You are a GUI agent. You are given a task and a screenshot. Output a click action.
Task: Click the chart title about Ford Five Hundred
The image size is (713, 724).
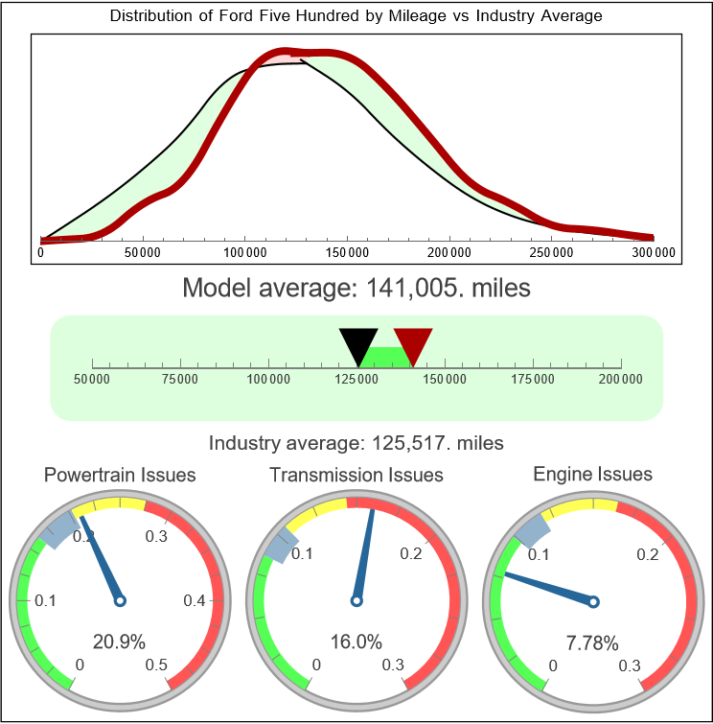pos(356,16)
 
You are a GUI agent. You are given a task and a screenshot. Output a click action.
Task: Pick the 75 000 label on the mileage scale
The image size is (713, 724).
pos(180,380)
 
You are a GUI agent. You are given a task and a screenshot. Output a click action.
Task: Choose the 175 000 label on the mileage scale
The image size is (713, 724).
pos(533,380)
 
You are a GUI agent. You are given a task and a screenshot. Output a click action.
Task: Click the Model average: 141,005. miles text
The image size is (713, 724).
pos(356,288)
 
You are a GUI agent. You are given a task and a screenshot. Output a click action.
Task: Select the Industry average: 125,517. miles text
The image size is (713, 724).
pos(356,443)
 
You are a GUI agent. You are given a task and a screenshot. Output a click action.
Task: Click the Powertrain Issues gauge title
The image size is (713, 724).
pos(120,475)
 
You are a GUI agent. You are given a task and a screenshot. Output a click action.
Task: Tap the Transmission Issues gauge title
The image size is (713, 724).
pos(356,475)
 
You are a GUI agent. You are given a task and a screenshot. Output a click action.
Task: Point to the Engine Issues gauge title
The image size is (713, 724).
pos(592,474)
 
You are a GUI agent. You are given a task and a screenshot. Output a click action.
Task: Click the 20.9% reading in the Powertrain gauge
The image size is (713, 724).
pos(119,642)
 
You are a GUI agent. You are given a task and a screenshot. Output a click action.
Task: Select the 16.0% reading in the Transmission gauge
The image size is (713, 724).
pos(356,642)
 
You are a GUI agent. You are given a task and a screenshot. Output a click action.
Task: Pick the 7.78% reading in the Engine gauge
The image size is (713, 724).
pos(591,642)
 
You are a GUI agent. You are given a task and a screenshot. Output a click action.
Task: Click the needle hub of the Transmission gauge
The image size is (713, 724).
pos(356,601)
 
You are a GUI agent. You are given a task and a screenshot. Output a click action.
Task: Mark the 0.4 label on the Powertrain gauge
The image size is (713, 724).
pos(195,601)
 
